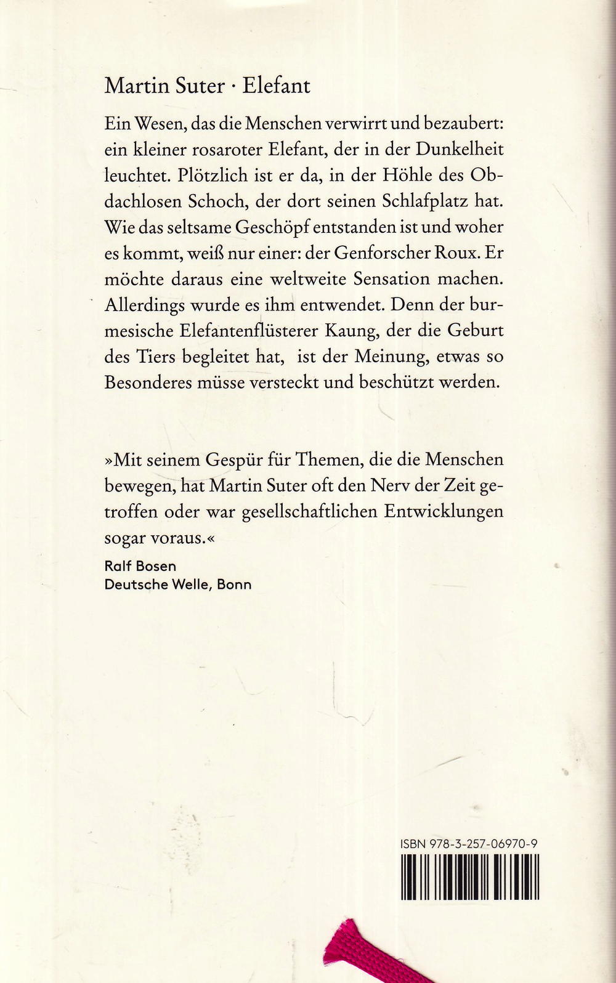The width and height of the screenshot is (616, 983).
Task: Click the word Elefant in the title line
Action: point(276,86)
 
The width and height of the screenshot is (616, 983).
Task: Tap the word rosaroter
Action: point(222,150)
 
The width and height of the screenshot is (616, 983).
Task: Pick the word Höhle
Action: point(407,176)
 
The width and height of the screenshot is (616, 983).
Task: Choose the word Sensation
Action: point(391,279)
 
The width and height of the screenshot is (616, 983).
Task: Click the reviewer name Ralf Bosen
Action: point(140,566)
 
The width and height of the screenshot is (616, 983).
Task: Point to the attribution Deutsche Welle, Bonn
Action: point(178,585)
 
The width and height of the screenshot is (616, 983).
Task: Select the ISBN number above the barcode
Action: point(468,844)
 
